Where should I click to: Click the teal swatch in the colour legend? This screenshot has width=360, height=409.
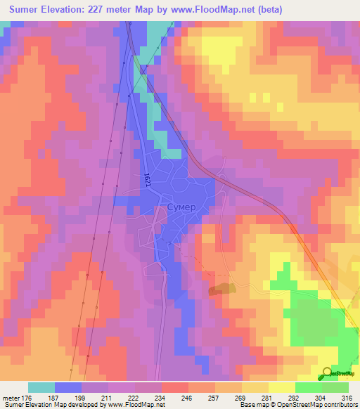click(41, 387)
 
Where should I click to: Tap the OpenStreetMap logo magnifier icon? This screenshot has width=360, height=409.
click(328, 372)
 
